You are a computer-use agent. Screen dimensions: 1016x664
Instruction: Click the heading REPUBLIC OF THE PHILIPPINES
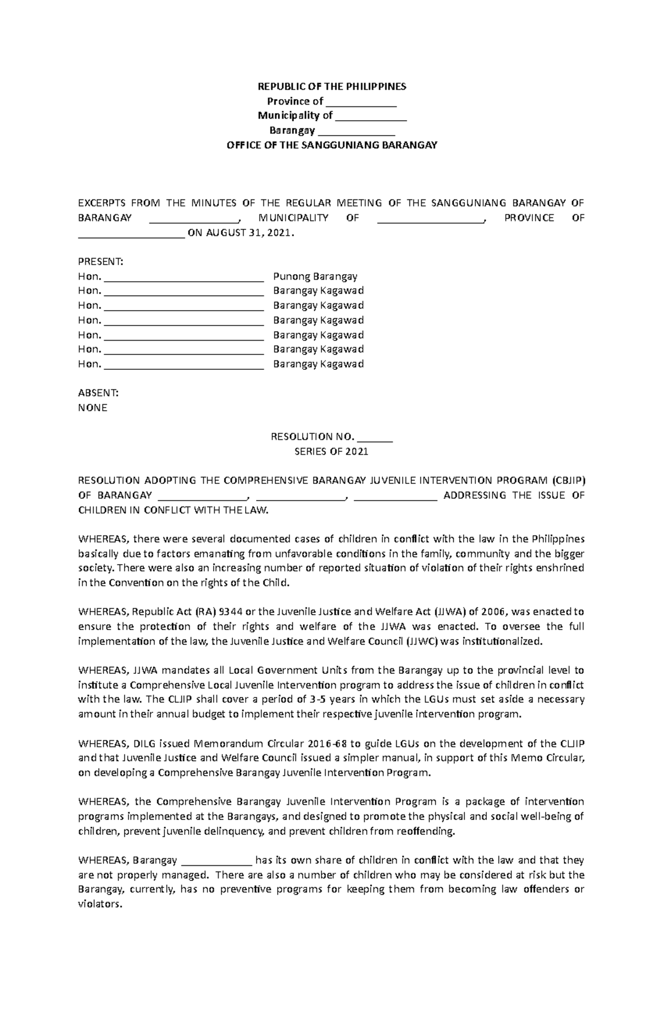[332, 86]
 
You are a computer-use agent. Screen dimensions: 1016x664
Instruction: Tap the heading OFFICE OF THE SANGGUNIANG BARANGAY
[332, 145]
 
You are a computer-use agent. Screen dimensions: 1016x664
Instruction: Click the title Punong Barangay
[315, 276]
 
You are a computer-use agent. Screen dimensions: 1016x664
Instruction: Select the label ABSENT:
[98, 393]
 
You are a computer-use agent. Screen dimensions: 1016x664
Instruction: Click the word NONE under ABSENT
[92, 408]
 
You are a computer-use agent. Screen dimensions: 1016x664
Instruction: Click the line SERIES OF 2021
[331, 451]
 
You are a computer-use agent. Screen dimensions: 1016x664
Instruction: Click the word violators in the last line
[98, 904]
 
